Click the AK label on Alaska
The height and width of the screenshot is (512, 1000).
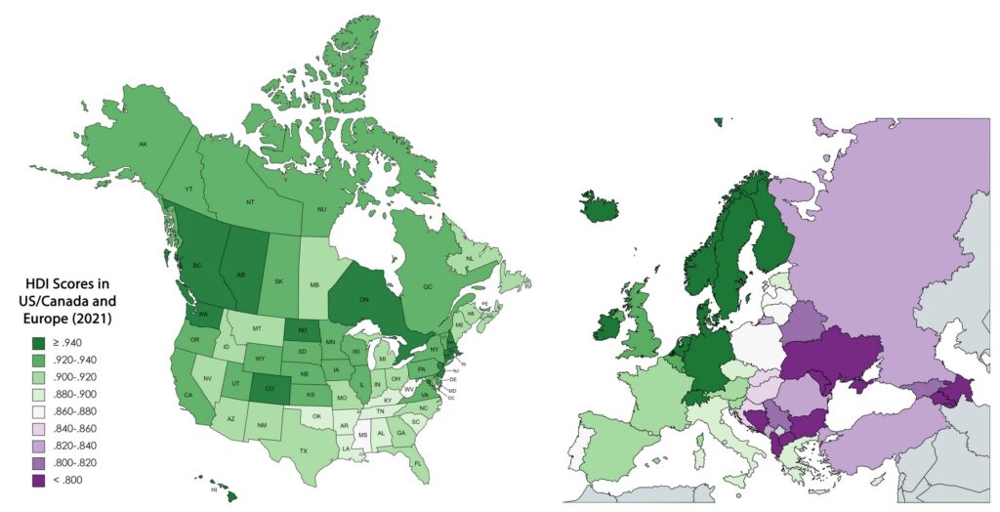(143, 145)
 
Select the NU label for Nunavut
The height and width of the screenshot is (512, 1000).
(320, 208)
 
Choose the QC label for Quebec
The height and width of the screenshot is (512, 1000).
(426, 287)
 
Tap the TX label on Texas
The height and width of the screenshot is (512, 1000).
(304, 450)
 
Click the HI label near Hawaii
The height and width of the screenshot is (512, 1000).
(213, 490)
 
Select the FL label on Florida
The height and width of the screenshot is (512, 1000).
(417, 463)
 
